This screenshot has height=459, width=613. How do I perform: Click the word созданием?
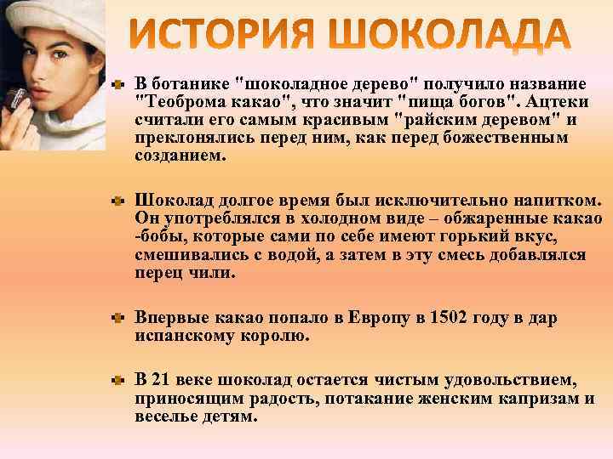pos(180,156)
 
